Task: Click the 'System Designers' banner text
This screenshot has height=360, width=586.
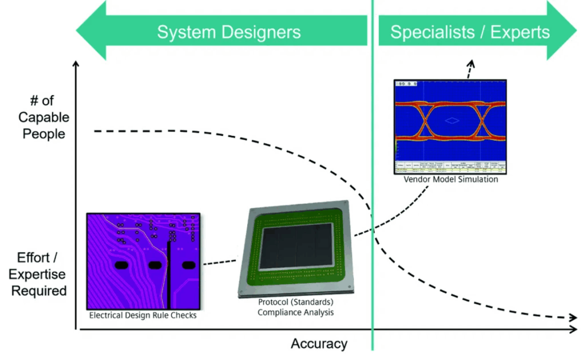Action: pos(229,32)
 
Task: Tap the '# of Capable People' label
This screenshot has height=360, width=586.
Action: pos(43,117)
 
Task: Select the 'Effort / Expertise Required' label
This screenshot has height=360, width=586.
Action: pos(38,274)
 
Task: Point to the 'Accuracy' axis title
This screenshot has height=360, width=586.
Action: pos(319,343)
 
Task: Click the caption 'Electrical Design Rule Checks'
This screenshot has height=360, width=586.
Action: pos(143,315)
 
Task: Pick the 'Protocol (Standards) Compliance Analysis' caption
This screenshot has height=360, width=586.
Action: pos(295,307)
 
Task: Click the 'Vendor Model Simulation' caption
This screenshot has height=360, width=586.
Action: pos(451,179)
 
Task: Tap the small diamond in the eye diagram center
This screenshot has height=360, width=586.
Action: pos(452,120)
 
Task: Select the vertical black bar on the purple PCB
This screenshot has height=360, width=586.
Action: pos(169,275)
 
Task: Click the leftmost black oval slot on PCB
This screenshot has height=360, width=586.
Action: pos(121,265)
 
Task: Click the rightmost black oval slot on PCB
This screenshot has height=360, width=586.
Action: pos(188,265)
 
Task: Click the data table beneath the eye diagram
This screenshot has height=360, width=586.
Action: pos(451,167)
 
